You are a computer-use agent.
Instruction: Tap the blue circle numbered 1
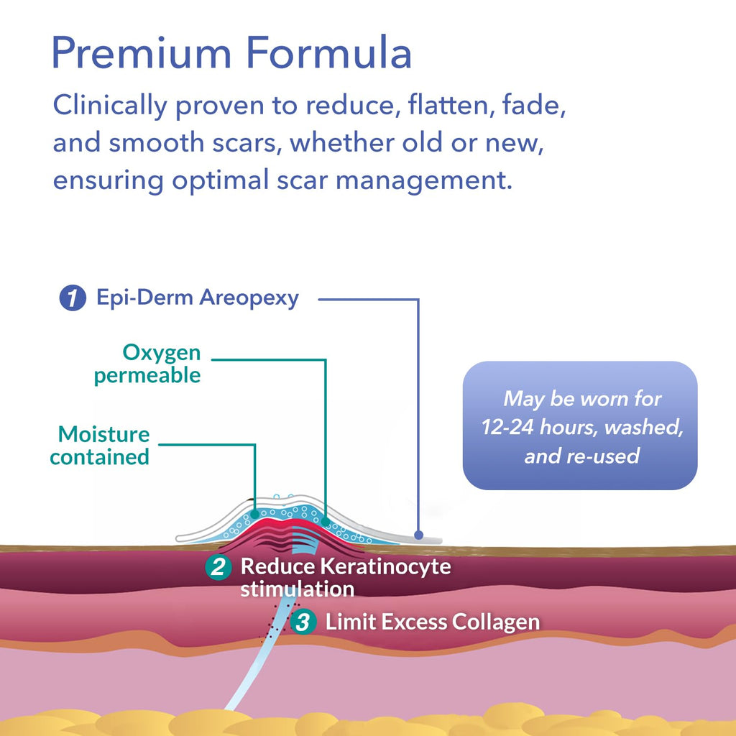point(73,298)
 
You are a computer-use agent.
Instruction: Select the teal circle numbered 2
point(218,567)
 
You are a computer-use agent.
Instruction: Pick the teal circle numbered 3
point(304,622)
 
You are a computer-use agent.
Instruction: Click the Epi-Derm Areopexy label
point(198,298)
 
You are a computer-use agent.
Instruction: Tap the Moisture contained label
point(101,445)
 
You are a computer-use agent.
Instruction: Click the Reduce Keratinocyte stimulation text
point(338,576)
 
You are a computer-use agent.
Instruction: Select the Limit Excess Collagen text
point(432,622)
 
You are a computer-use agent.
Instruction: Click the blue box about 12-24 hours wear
point(580,425)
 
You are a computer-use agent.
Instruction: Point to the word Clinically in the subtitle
point(110,106)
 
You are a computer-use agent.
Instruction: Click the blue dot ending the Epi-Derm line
point(418,535)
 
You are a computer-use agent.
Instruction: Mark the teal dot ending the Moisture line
point(255,515)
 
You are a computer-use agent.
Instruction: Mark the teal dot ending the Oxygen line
point(325,521)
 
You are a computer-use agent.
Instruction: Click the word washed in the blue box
point(642,428)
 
